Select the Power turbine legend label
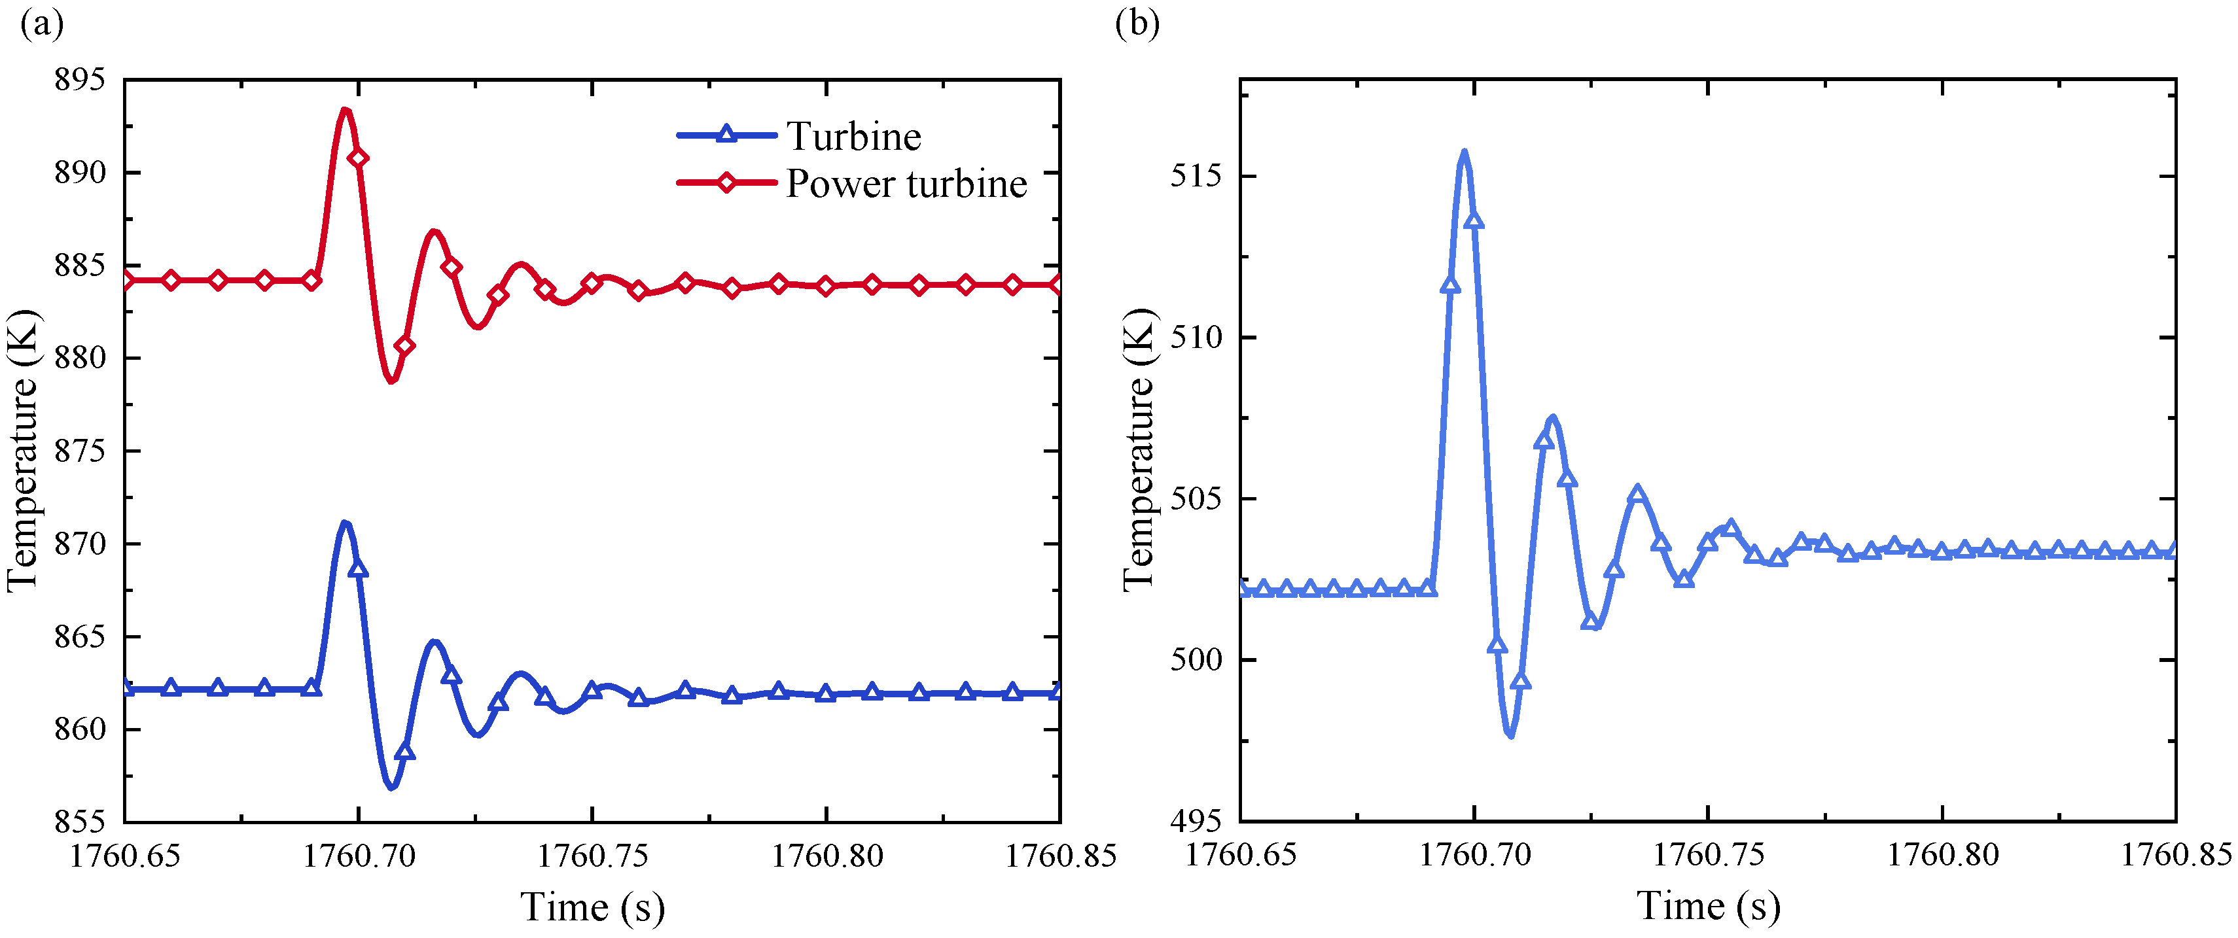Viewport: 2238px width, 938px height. click(x=906, y=184)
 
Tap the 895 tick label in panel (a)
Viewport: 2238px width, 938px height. click(x=80, y=80)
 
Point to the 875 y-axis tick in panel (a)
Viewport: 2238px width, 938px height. click(x=80, y=451)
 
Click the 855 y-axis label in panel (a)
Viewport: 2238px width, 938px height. click(x=80, y=822)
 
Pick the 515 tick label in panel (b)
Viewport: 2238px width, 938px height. click(x=1196, y=175)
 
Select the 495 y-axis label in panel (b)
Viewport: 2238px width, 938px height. click(x=1196, y=821)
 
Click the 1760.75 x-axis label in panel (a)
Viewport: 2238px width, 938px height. click(x=592, y=856)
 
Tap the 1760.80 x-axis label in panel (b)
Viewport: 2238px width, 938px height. click(x=1943, y=856)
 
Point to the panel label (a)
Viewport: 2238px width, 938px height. click(x=42, y=24)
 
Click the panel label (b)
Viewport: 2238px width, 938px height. click(x=1137, y=24)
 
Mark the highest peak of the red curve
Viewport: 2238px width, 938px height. click(x=345, y=109)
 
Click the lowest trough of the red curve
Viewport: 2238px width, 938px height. click(x=392, y=381)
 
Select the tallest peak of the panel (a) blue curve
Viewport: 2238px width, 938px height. click(x=345, y=523)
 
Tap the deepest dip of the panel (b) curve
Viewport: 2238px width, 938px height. click(x=1512, y=736)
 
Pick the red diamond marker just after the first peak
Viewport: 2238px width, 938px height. click(x=358, y=158)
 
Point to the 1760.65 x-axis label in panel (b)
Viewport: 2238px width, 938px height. click(x=1241, y=856)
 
